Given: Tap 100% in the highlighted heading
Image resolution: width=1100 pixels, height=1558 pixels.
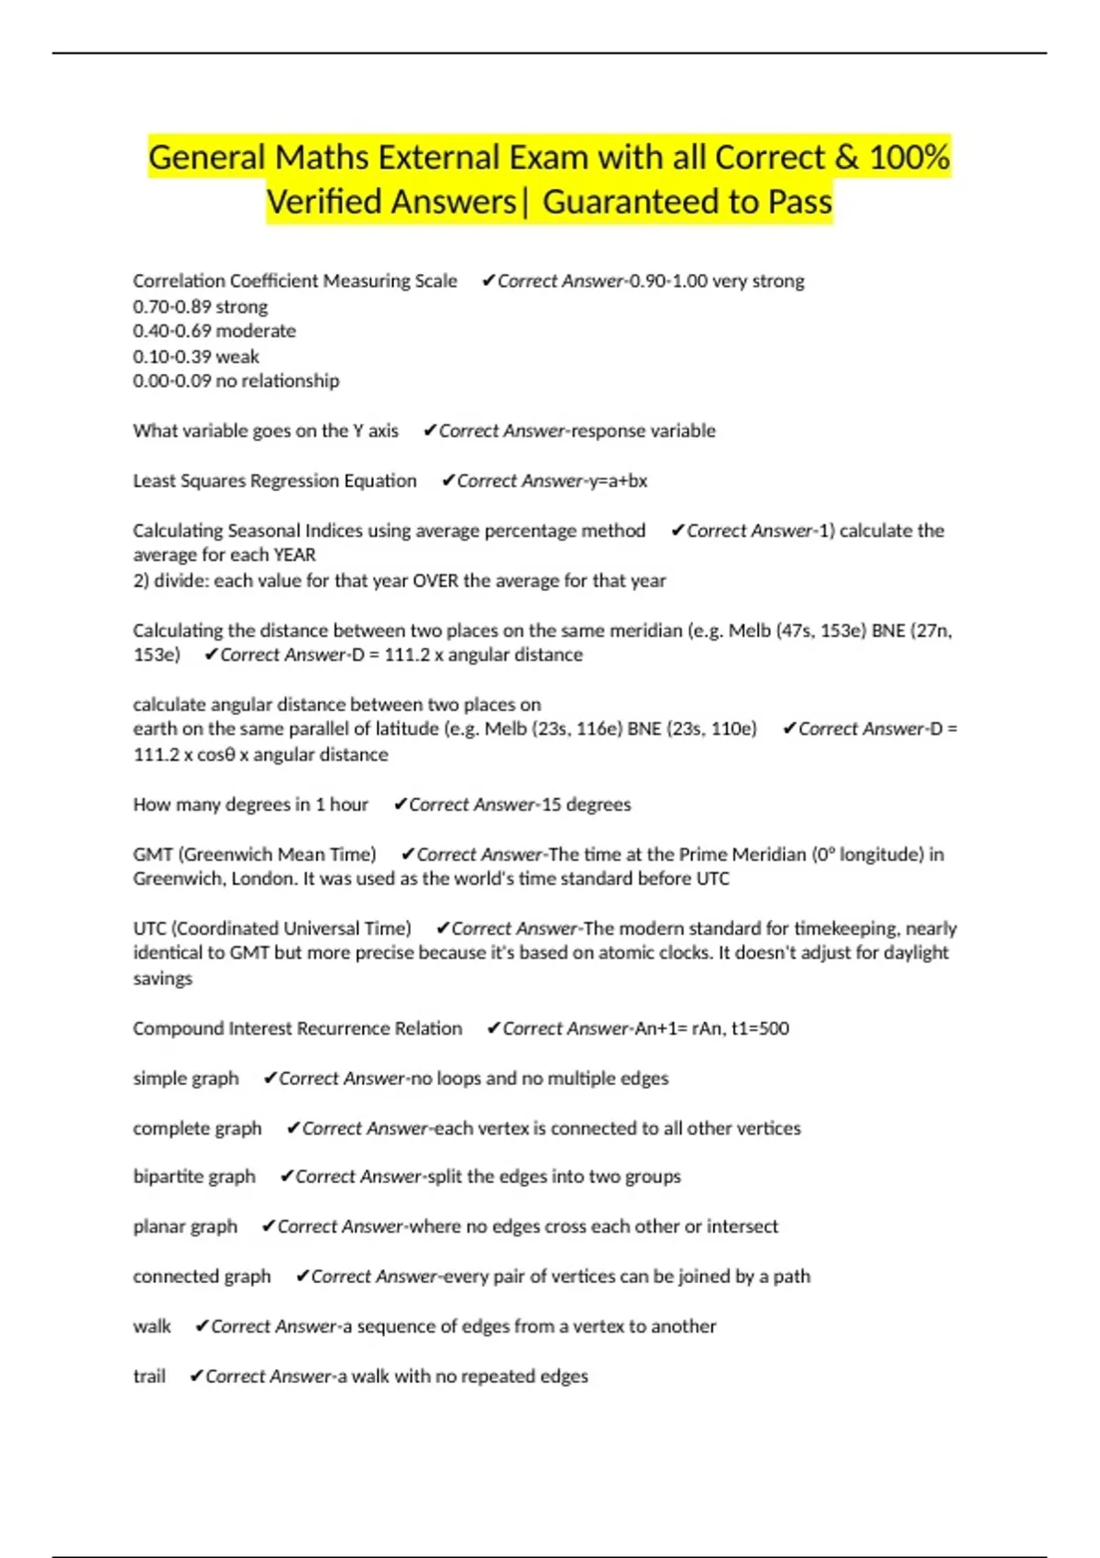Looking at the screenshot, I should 909,158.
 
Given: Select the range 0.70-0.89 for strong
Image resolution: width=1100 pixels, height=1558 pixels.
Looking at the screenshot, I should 172,306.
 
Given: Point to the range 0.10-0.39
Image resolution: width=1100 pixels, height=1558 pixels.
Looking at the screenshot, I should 171,357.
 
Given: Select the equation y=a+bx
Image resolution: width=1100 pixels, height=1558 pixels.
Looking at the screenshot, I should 618,481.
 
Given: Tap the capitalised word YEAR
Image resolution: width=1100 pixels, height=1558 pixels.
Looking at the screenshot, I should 294,555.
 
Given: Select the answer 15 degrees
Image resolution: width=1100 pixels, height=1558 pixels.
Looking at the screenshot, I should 587,805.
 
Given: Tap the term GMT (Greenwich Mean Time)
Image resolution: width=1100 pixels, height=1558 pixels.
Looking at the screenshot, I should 254,855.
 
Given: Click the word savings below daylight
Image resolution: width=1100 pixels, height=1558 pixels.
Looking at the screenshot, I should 162,979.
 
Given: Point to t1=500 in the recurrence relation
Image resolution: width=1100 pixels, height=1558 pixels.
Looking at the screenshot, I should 760,1029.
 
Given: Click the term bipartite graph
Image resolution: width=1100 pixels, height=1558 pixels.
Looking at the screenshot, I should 194,1177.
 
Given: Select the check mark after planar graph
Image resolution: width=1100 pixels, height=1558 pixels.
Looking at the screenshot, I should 268,1226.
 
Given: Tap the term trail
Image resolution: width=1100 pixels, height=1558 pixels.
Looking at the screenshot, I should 149,1377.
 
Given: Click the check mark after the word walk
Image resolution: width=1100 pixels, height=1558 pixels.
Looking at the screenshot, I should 202,1326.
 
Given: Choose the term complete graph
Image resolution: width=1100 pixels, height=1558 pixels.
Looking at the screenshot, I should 197,1129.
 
